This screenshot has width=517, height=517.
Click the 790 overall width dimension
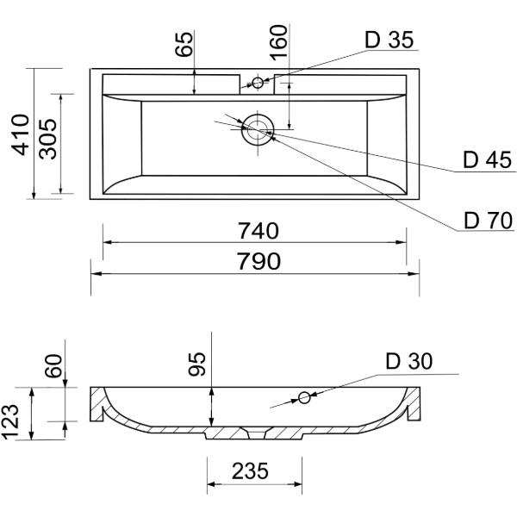point(259,261)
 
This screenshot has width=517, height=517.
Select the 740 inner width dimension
point(258,231)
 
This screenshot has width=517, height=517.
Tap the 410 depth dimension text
point(21,134)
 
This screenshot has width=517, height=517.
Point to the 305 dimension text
point(48,139)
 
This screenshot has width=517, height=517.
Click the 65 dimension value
point(184,44)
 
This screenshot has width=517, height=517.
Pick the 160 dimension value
point(279,43)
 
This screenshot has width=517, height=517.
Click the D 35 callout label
point(389,40)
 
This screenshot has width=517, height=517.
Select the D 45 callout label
point(488,160)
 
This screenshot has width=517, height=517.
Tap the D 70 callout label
point(489,221)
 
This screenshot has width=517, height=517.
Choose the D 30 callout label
point(408,361)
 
